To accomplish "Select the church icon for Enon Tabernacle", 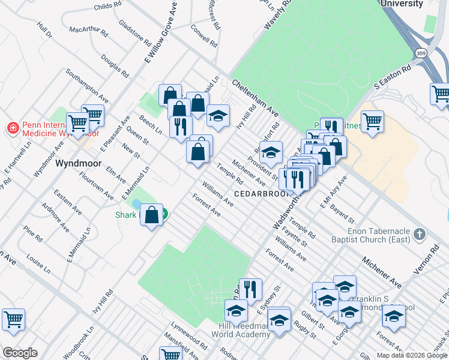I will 420,233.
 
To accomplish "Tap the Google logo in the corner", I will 20,353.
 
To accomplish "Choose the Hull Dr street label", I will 44,31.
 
